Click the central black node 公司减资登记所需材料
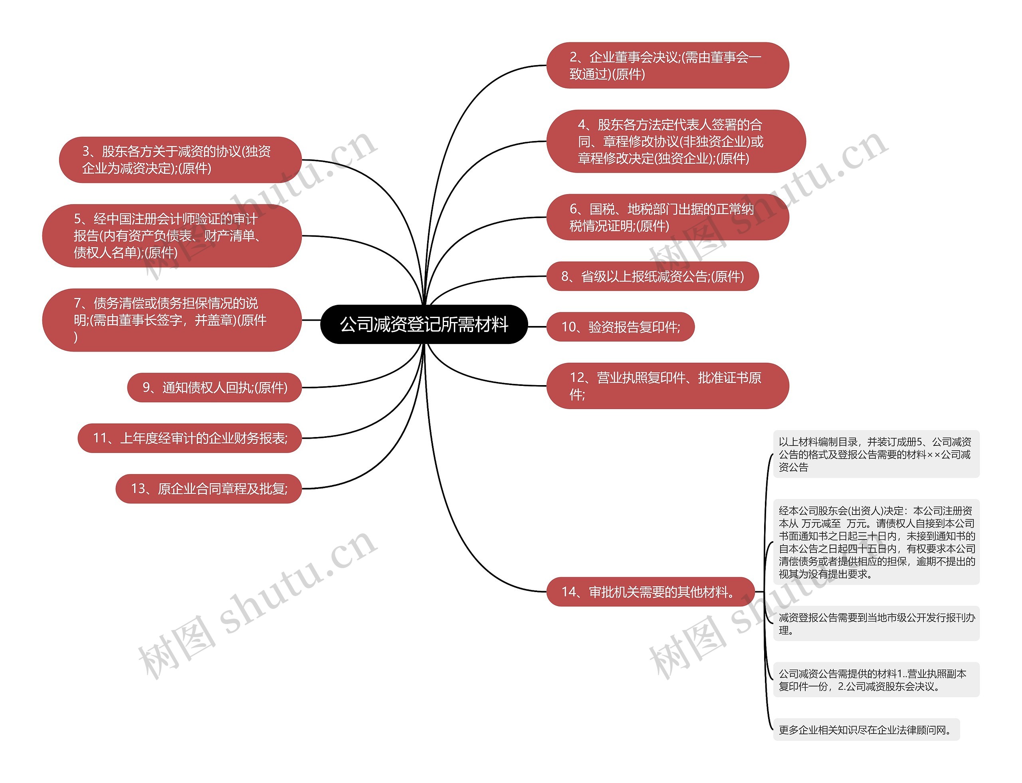click(424, 324)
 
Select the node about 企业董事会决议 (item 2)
click(667, 65)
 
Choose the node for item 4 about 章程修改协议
click(675, 141)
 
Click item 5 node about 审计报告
click(171, 236)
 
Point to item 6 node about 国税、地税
click(667, 217)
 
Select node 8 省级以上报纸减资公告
click(652, 276)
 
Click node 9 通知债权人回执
click(214, 388)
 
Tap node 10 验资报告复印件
click(620, 327)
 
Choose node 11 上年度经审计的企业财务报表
click(190, 438)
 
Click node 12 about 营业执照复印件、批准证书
click(667, 386)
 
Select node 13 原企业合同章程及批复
click(208, 489)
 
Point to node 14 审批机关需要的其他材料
click(650, 592)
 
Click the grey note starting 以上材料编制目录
click(876, 454)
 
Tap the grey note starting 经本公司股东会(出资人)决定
click(876, 542)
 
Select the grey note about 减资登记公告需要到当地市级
click(876, 624)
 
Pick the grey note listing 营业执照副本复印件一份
click(876, 680)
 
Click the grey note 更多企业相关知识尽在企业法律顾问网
click(866, 730)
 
